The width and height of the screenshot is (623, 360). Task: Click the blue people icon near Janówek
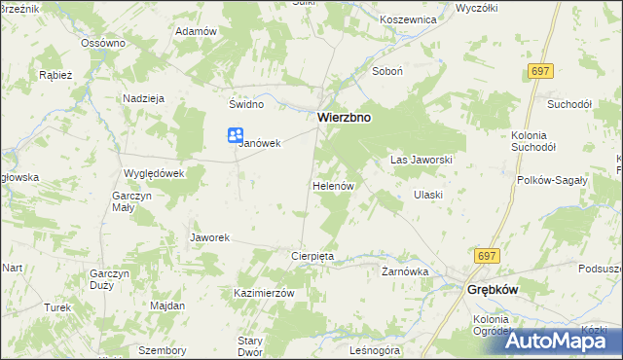236,137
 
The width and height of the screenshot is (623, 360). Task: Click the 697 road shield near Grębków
488,255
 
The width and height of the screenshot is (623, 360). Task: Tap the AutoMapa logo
559,341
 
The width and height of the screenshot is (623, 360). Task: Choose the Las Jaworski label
421,159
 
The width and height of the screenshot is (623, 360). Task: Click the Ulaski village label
428,195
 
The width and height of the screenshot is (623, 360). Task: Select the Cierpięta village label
313,256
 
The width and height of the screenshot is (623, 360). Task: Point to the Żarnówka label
405,272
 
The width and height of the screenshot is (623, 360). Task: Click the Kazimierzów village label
264,293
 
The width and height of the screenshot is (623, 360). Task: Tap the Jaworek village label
209,237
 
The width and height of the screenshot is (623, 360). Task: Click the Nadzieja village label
143,98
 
